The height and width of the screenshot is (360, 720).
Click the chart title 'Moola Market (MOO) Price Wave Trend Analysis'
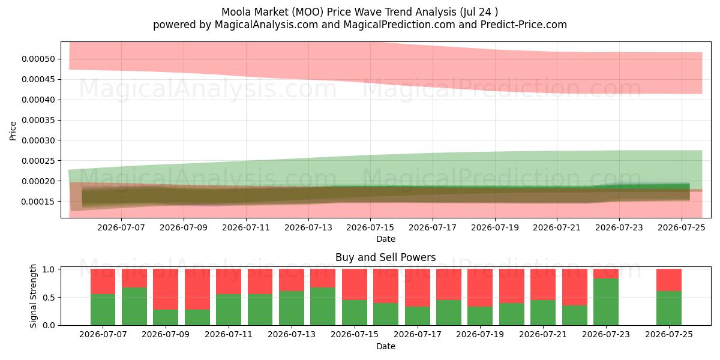pyautogui.click(x=339, y=12)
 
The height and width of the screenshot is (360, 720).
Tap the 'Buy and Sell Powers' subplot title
pyautogui.click(x=385, y=257)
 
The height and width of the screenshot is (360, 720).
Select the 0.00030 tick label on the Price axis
pyautogui.click(x=38, y=140)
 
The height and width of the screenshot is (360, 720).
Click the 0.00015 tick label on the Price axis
pyautogui.click(x=38, y=202)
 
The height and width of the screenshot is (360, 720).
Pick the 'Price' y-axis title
pyautogui.click(x=13, y=131)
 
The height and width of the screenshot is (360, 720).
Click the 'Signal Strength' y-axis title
pyautogui.click(x=33, y=296)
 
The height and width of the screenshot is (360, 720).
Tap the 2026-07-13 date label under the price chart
pyautogui.click(x=308, y=227)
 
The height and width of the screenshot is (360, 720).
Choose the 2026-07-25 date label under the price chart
pyautogui.click(x=682, y=227)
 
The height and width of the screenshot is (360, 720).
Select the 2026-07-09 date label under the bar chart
pyautogui.click(x=166, y=334)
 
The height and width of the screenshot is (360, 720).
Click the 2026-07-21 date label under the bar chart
pyautogui.click(x=543, y=334)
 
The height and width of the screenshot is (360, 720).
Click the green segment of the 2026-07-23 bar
pyautogui.click(x=606, y=302)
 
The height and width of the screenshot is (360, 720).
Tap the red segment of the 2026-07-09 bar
pyautogui.click(x=166, y=289)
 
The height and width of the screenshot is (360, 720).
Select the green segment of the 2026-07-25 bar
pyautogui.click(x=669, y=308)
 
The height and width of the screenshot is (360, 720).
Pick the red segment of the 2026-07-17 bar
pyautogui.click(x=418, y=287)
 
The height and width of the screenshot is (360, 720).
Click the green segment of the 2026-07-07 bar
pyautogui.click(x=103, y=310)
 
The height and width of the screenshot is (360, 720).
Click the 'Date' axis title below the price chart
pyautogui.click(x=385, y=239)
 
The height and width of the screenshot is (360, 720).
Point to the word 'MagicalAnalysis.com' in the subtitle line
pyautogui.click(x=266, y=25)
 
